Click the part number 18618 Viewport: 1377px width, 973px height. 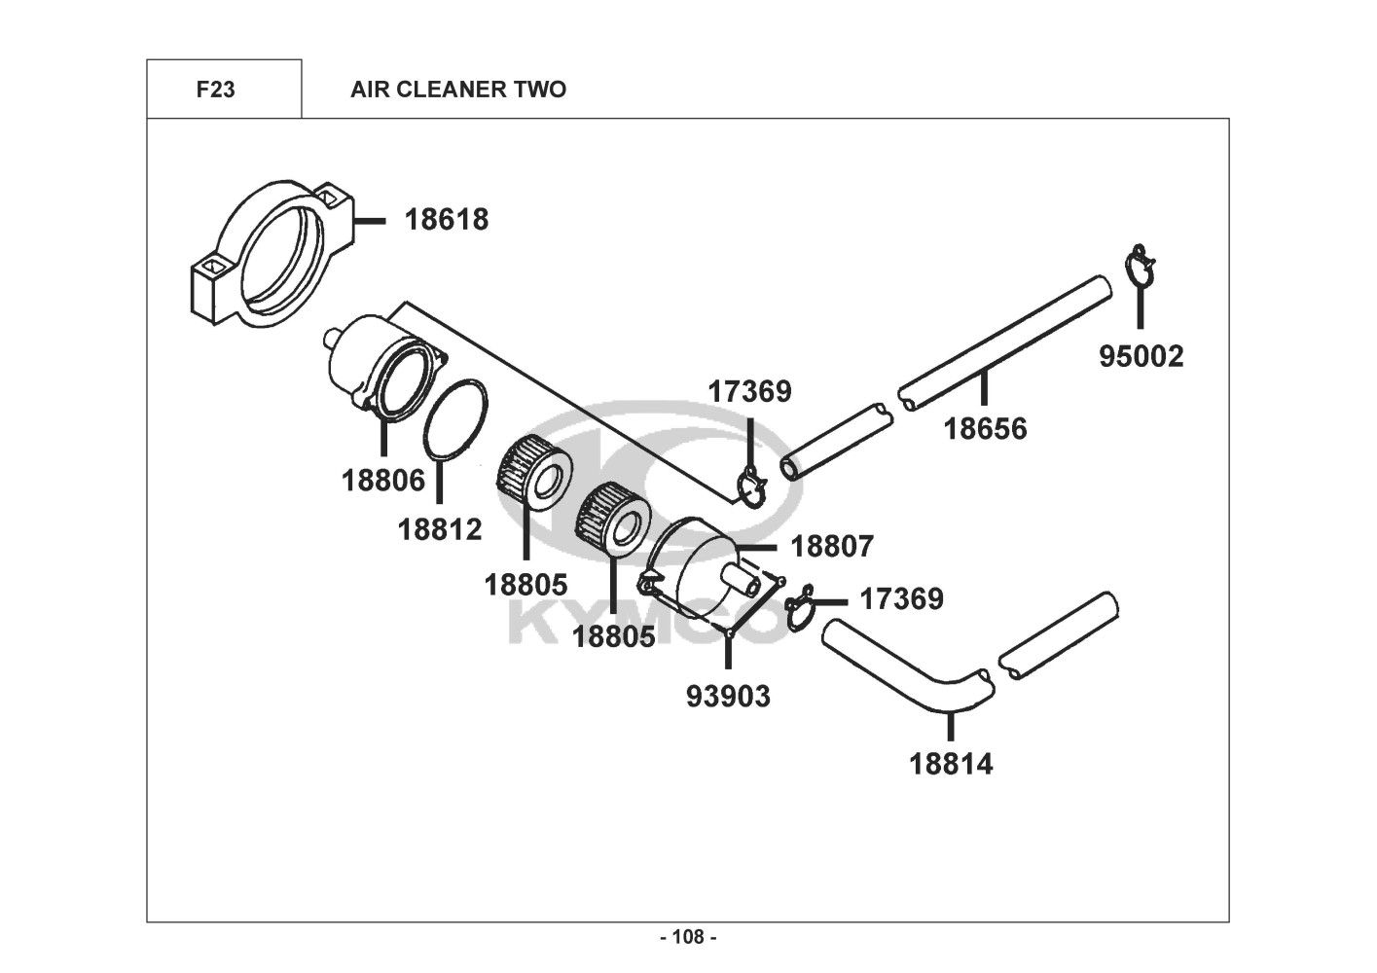[x=447, y=220]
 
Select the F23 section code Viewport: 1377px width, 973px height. [x=215, y=90]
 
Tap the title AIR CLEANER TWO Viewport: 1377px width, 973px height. [x=458, y=90]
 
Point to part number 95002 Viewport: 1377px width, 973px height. [x=1141, y=356]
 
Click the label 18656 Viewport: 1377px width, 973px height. [x=985, y=428]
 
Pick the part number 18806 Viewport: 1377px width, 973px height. [x=383, y=480]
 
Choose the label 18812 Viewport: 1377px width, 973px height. [x=440, y=529]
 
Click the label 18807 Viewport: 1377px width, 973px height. [x=832, y=547]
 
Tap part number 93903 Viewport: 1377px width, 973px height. [x=728, y=697]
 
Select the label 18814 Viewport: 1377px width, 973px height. [x=951, y=765]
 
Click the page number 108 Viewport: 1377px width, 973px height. [x=688, y=937]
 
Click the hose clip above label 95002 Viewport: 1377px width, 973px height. [x=1140, y=266]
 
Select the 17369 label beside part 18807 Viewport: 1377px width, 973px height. [x=901, y=598]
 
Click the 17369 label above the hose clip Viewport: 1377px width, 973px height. [x=749, y=391]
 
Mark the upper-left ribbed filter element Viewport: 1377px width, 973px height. [x=533, y=473]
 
